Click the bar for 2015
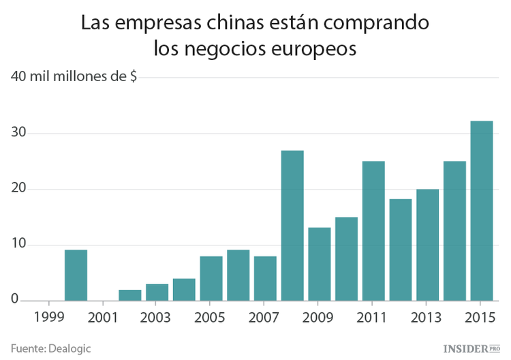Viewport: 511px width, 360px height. (482, 211)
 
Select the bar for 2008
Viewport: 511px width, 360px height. (292, 226)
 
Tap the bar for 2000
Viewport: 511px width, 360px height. (76, 275)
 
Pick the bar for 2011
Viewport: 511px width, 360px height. (373, 231)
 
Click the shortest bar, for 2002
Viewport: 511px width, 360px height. (130, 295)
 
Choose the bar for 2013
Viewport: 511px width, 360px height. (427, 245)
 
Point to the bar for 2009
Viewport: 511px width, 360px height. (319, 265)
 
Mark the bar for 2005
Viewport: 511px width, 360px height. (211, 278)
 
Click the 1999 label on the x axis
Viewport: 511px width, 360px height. (48, 317)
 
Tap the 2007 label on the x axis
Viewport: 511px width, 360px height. (265, 317)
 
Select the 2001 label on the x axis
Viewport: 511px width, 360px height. (103, 317)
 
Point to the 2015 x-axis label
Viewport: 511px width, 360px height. (481, 317)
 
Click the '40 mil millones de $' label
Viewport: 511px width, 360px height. (74, 77)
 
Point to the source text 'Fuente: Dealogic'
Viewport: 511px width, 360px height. (51, 348)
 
